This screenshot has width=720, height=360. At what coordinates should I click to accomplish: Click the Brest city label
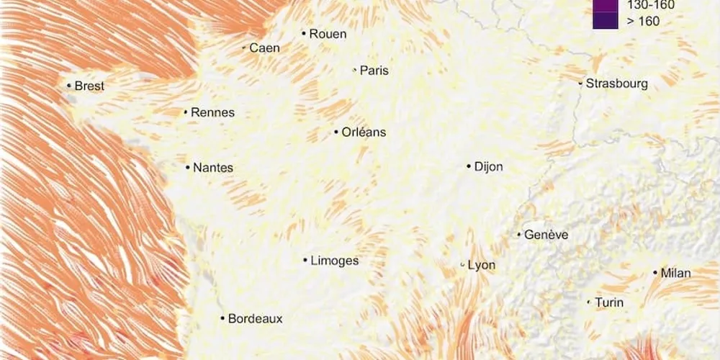(89, 86)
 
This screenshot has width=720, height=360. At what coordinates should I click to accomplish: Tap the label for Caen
(264, 48)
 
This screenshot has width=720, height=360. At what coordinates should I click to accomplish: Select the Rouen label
(328, 34)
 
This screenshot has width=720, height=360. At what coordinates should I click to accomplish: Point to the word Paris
(374, 71)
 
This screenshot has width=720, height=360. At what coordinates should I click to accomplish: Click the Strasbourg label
(616, 84)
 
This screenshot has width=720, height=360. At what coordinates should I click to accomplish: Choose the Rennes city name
(212, 112)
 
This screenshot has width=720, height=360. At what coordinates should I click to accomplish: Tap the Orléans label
(364, 132)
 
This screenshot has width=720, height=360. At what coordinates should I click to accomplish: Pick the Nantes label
(213, 168)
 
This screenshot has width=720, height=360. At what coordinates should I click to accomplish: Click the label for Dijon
(488, 167)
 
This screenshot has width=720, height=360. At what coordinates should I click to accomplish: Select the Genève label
(546, 235)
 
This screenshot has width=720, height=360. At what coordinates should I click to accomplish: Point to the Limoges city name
(334, 261)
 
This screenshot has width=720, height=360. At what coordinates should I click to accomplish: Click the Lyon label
(482, 265)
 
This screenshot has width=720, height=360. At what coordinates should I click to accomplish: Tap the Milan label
(676, 273)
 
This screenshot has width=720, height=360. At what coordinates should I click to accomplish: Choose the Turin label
(609, 302)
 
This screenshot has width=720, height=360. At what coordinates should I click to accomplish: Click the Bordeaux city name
(255, 318)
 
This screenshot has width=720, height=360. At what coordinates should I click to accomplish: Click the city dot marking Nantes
(188, 168)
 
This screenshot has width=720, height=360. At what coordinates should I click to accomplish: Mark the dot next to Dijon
(469, 166)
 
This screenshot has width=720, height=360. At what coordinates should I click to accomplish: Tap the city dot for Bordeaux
(223, 318)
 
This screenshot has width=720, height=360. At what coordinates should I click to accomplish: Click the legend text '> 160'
(643, 21)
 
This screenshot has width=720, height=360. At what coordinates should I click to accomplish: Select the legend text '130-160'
(651, 5)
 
